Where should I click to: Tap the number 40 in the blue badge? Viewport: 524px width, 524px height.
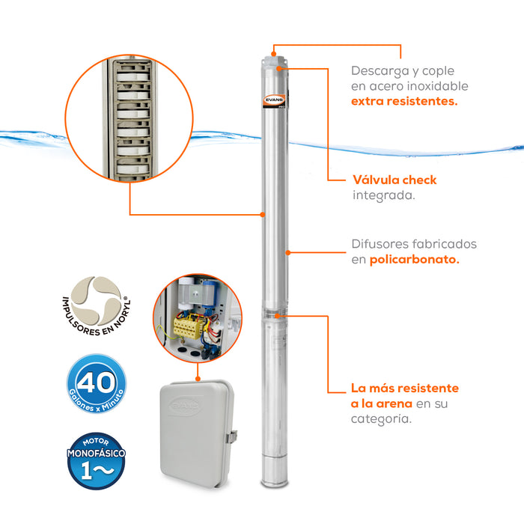click(97, 381)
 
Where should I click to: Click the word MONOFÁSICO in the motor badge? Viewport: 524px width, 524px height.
click(96, 454)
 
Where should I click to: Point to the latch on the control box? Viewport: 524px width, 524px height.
click(234, 436)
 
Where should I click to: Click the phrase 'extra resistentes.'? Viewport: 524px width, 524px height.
click(404, 101)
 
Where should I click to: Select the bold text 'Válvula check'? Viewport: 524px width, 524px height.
click(394, 180)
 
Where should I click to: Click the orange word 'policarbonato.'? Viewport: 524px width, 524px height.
click(415, 259)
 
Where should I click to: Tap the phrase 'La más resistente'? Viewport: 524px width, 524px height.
click(405, 389)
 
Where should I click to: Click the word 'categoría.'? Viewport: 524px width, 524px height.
click(381, 420)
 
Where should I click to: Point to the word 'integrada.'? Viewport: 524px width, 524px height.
click(383, 195)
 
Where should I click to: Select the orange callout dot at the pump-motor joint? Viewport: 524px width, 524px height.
click(278, 316)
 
